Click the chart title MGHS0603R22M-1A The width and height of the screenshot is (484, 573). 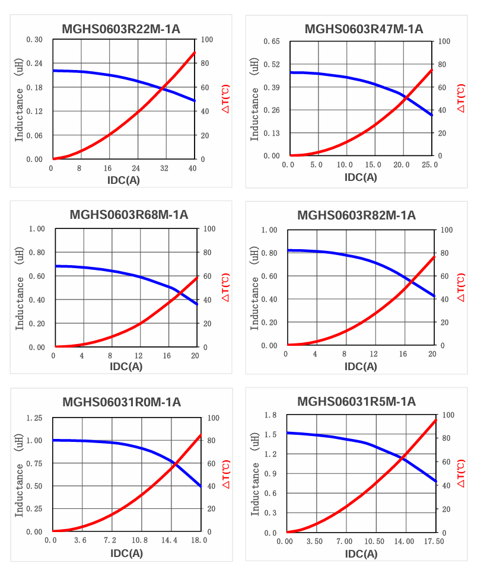coord(122,29)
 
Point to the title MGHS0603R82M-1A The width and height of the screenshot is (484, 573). coord(356,215)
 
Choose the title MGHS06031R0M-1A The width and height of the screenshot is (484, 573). coord(122,403)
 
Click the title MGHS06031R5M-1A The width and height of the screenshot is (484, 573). coord(356,402)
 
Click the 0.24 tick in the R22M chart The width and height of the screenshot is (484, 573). coord(34,63)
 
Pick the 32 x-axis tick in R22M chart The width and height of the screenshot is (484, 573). coord(164,168)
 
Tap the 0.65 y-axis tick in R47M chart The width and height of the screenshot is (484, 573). coord(271,42)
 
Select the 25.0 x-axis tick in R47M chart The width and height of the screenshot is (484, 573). coord(429,165)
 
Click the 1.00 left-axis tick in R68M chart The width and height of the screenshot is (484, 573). coord(37,229)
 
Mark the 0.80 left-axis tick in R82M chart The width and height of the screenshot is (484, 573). coord(269,253)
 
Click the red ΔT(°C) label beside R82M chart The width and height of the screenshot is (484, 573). coord(461,287)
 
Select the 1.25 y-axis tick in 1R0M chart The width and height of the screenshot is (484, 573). coord(34,418)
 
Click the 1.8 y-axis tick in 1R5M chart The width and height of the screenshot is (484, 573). coord(271,415)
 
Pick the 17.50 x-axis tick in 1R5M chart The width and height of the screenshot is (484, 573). coord(434,542)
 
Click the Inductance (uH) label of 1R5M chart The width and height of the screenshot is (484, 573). coord(255,473)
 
